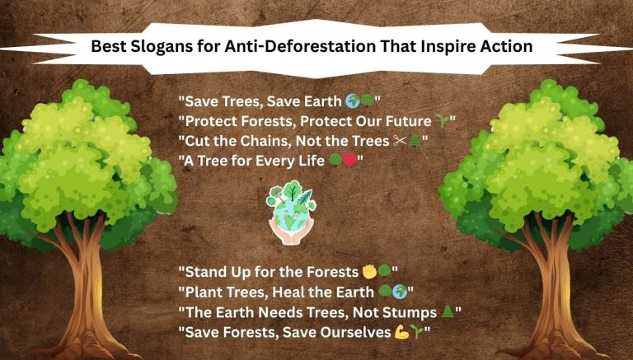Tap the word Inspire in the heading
(x=442, y=46)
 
